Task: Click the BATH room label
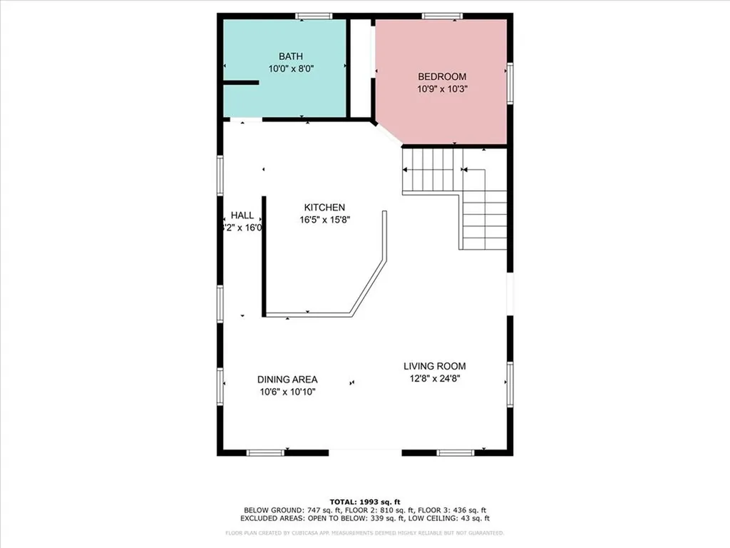point(291,56)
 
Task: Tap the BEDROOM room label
point(442,77)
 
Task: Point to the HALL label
point(242,215)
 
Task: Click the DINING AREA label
point(287,380)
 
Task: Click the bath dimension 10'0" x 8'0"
point(291,69)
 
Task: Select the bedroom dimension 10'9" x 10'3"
point(442,89)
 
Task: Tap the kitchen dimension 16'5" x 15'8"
point(324,220)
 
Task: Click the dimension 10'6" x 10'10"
point(287,392)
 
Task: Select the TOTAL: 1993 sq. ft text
point(364,502)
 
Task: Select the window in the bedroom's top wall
point(442,16)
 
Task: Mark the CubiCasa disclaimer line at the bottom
point(364,532)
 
